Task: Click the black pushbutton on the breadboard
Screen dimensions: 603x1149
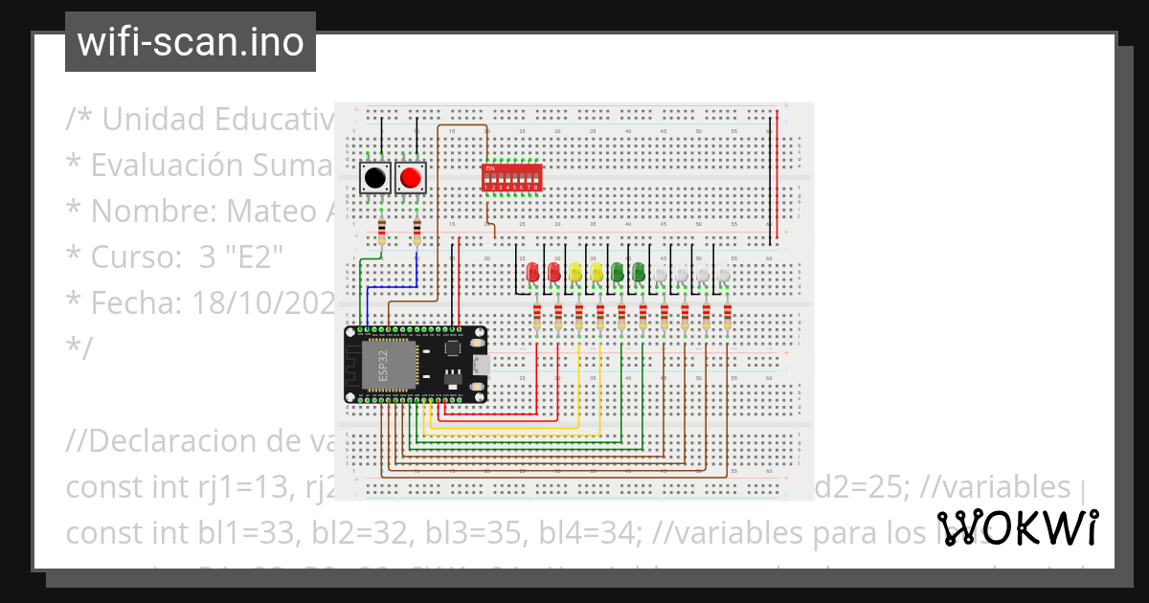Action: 374,178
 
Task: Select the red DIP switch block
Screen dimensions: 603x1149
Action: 511,177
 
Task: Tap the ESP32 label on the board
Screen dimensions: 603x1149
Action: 381,365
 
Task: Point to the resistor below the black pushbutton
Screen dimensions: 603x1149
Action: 382,232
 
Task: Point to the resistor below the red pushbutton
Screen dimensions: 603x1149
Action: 417,232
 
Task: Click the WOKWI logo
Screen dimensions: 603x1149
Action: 1017,528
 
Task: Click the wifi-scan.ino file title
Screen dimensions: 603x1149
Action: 190,42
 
